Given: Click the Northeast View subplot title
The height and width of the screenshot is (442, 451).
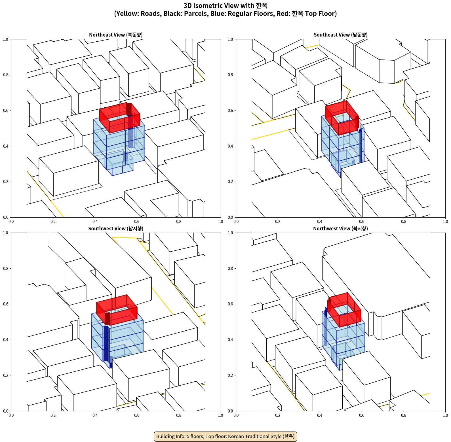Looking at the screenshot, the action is [x=116, y=35].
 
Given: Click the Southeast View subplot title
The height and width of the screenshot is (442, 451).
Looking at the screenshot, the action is [x=340, y=35].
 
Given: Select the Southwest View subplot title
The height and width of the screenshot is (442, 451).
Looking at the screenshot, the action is [x=116, y=229].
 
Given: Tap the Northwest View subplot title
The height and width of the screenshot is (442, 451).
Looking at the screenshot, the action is [x=340, y=229].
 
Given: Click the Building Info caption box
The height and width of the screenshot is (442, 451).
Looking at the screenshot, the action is [x=225, y=436].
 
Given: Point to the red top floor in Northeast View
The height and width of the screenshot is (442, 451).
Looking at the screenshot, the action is [x=120, y=118].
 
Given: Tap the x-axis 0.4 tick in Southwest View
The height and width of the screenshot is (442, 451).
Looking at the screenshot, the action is [x=95, y=415].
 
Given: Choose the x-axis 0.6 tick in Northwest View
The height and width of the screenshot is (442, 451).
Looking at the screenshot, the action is [x=362, y=415].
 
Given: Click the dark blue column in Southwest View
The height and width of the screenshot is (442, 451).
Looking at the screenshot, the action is [x=106, y=344].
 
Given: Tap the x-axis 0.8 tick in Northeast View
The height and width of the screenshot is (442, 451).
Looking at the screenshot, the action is [x=179, y=222].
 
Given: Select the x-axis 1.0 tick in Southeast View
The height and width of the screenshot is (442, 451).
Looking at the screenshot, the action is [x=445, y=222].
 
